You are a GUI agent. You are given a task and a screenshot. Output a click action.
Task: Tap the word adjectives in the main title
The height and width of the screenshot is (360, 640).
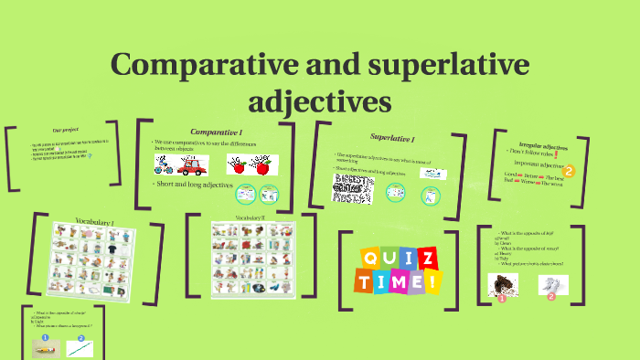tap(320, 98)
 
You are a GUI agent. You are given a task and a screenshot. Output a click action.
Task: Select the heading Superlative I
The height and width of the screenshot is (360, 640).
tap(392, 138)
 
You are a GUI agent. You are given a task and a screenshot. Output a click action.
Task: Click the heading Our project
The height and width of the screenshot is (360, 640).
tap(64, 132)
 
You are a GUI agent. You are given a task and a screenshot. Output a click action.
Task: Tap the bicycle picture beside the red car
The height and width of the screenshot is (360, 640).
tap(164, 165)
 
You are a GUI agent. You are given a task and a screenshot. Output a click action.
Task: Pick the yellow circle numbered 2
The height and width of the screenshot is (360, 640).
tap(569, 170)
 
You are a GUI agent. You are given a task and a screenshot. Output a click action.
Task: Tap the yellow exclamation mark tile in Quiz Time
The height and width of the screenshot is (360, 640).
tap(430, 282)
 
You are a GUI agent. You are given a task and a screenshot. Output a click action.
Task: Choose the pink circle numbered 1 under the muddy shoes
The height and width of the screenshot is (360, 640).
tap(501, 297)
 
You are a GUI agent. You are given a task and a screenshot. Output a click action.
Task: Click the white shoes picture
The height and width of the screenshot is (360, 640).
tap(550, 286)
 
